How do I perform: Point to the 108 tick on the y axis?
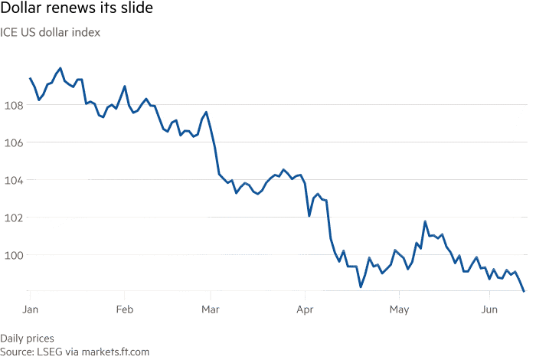point(12,106)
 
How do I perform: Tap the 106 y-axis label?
point(12,143)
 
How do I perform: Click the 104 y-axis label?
point(12,181)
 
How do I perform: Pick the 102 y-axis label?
point(12,218)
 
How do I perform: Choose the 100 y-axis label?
point(12,255)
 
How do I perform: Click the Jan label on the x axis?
point(30,309)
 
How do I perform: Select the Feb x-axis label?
point(125,309)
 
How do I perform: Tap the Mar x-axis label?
point(211,309)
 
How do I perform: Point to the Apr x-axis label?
point(305,309)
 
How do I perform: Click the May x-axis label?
point(398,309)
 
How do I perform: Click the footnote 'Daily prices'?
point(28,339)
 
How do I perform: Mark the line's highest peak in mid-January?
point(60,68)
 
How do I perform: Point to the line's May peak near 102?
point(424,221)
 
